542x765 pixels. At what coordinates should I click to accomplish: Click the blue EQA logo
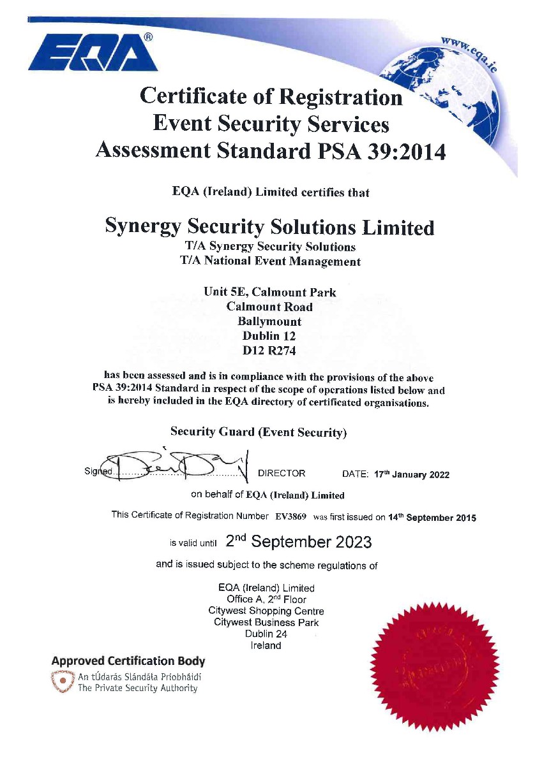pos(93,53)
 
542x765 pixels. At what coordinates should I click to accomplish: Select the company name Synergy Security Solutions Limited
pos(269,227)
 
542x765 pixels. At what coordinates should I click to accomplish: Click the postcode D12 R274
pos(269,350)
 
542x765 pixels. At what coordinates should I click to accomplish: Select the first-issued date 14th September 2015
pos(432,518)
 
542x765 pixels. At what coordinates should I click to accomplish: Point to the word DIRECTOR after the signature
pos(282,474)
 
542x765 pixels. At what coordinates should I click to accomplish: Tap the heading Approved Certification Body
pos(128,660)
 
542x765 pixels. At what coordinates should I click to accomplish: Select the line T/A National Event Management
pos(271,261)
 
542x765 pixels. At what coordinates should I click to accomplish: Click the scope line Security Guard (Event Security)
pos(259,432)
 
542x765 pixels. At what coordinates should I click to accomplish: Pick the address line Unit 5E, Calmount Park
pos(269,292)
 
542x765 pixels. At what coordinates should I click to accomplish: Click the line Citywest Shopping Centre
pos(266,611)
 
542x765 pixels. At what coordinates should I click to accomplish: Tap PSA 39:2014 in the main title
pos(380,150)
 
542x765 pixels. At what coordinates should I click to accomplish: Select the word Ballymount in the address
pos(269,321)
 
